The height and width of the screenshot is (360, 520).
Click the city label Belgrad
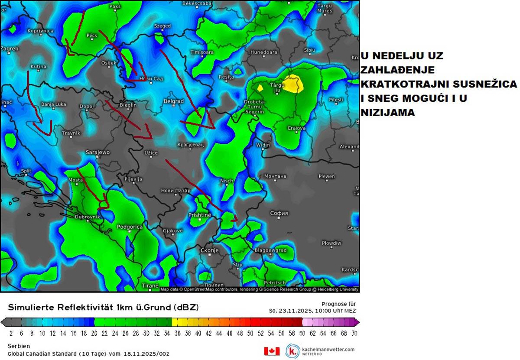coord(173,101)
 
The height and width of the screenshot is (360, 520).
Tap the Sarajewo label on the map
coord(97,152)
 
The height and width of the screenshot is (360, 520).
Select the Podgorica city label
coord(130,227)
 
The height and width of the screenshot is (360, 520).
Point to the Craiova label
coord(296,128)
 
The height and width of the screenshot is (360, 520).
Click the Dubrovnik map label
coord(88,217)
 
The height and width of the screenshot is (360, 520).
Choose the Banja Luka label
coord(53,104)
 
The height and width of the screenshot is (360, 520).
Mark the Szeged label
coord(162,26)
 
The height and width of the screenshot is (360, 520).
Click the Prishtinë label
coord(199,215)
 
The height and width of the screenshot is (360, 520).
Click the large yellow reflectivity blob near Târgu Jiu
coord(292,84)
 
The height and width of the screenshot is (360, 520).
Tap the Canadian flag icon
coord(272,351)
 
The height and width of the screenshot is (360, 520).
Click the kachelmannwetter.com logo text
coord(328,349)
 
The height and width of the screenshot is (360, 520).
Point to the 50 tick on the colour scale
coord(250,333)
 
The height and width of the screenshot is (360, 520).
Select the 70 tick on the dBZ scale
coord(354,333)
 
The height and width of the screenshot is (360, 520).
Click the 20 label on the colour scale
coord(94,333)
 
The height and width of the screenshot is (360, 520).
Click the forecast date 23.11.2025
coord(293,311)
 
